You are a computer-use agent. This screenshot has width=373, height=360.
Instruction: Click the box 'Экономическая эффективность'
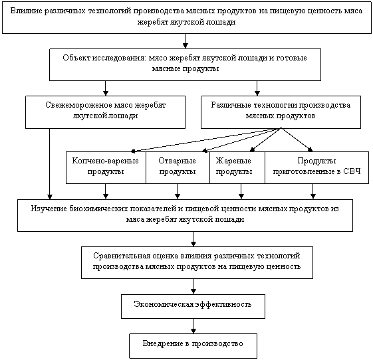click(x=193, y=306)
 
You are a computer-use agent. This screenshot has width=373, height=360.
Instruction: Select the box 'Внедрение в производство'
click(x=193, y=346)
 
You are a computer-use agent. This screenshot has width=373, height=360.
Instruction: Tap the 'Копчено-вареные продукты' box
click(x=106, y=167)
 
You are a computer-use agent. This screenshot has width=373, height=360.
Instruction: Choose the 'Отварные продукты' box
click(x=178, y=167)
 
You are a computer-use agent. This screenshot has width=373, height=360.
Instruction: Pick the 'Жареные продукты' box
click(x=237, y=167)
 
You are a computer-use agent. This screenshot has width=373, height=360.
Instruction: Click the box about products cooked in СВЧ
click(x=317, y=167)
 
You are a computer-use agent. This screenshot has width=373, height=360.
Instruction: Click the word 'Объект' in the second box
click(x=76, y=58)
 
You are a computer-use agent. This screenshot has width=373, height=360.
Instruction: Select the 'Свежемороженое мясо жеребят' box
click(x=105, y=112)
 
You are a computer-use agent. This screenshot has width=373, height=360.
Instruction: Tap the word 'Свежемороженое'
click(x=78, y=105)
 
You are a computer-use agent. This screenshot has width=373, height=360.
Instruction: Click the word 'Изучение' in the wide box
click(x=49, y=209)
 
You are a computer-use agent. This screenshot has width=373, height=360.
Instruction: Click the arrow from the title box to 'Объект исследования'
click(x=186, y=41)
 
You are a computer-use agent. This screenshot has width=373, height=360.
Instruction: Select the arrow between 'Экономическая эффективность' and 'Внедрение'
click(x=193, y=326)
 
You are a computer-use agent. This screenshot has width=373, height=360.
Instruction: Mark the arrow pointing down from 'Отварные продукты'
click(x=178, y=191)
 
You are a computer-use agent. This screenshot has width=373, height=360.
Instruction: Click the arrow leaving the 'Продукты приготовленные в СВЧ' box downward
click(x=313, y=191)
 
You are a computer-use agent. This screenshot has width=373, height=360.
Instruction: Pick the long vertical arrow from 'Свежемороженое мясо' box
click(x=49, y=164)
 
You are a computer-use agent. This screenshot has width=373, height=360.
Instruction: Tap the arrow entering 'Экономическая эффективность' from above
click(x=193, y=286)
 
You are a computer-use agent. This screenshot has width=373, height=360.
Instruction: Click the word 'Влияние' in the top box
click(x=25, y=11)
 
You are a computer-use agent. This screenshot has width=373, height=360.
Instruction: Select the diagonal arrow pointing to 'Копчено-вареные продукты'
click(x=205, y=139)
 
